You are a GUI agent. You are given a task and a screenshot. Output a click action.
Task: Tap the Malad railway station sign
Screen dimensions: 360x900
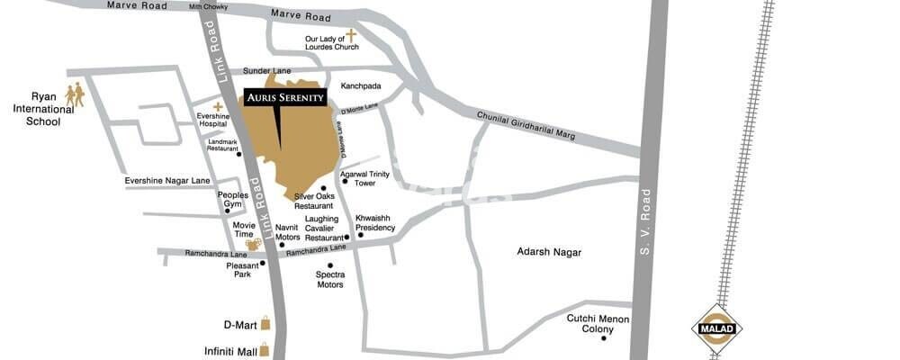click(716, 328)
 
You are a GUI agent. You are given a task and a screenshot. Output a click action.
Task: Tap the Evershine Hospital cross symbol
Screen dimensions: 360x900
click(218, 106)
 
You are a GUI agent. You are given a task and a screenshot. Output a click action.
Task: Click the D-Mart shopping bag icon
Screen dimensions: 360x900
click(265, 325)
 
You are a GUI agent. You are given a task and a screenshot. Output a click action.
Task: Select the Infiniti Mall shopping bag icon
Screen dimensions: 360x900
click(265, 352)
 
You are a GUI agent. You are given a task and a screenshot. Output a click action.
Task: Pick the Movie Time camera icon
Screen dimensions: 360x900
click(253, 243)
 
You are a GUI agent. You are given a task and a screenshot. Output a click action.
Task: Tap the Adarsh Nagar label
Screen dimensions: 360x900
click(549, 253)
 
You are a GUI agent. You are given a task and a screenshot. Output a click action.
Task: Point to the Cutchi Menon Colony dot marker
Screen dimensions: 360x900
click(603, 337)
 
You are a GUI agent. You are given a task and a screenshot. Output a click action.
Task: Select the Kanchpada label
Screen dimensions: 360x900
click(360, 86)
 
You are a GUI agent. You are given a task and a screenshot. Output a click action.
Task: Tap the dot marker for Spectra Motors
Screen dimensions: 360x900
click(330, 265)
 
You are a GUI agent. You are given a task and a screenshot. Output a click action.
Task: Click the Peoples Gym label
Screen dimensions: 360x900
click(232, 199)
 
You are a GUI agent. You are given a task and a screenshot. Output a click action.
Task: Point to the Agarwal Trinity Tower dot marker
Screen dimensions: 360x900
click(344, 181)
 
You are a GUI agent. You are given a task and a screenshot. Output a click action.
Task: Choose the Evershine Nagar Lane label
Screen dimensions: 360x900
click(167, 181)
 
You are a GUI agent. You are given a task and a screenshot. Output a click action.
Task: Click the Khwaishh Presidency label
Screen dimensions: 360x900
click(374, 222)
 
